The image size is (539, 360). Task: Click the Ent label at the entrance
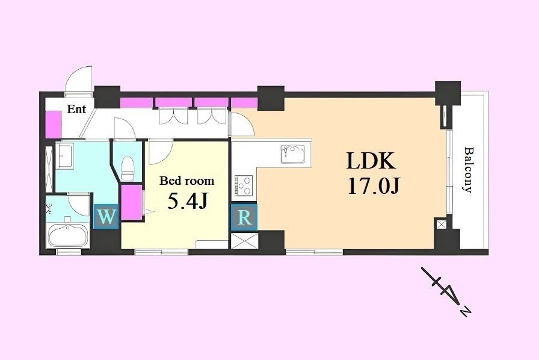coord(76,110)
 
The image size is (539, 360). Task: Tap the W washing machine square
coord(106,217)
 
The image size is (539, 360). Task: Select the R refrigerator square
coord(244,217)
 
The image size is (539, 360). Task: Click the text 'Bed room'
coord(186,181)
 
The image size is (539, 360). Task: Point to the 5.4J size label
coord(187,201)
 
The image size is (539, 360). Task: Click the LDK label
coord(371,161)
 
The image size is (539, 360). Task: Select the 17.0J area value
coord(374,187)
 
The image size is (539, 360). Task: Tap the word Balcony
coord(468,170)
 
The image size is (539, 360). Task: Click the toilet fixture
coord(128,169)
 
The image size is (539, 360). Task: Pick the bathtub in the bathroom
coord(68,235)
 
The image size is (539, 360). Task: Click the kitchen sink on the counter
coord(292,154)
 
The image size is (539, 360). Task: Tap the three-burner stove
coord(244,185)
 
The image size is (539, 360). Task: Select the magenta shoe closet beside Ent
coord(54,123)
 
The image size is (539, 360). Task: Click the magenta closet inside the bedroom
coord(132,202)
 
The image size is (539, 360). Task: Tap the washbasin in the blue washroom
coord(64,157)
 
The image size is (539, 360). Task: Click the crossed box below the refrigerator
coord(244,241)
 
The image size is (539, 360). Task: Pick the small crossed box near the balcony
coord(441,225)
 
